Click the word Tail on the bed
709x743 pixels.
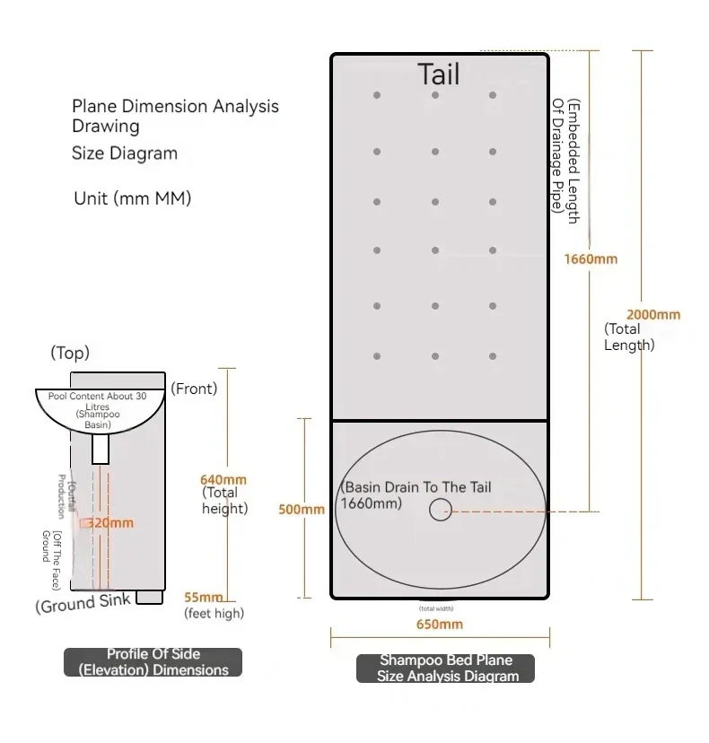(x=439, y=74)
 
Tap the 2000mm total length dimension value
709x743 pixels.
(x=653, y=314)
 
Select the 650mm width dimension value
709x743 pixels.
(x=440, y=624)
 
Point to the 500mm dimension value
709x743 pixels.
(x=302, y=510)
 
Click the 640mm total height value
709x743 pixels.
(x=223, y=480)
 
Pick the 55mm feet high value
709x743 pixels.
(x=204, y=598)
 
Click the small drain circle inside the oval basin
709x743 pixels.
(x=440, y=510)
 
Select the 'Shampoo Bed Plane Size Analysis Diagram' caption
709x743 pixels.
(x=445, y=668)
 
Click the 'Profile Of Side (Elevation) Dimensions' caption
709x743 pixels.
(x=153, y=661)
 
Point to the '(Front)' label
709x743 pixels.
(x=195, y=389)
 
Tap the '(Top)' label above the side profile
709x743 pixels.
(x=70, y=353)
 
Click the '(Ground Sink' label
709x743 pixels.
(x=83, y=603)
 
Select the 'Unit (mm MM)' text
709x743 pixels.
(x=132, y=198)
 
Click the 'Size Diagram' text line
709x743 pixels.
(x=125, y=153)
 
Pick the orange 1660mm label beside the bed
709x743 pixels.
(x=591, y=259)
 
